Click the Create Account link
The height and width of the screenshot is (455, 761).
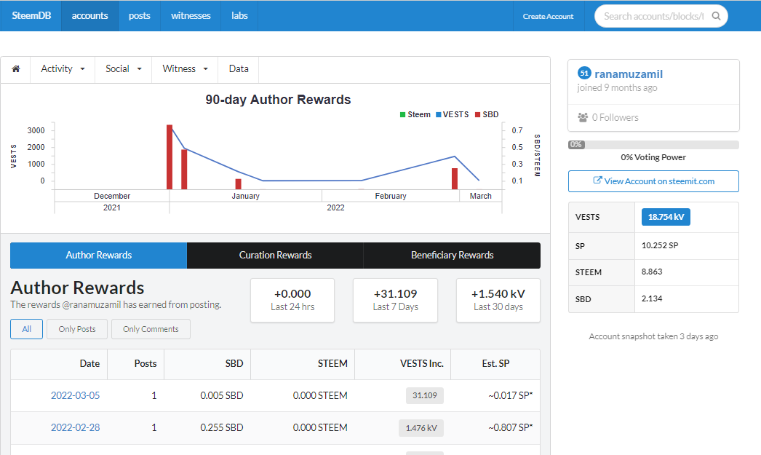[548, 16]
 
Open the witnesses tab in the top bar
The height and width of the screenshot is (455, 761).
[191, 15]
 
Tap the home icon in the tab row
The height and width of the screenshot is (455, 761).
[16, 69]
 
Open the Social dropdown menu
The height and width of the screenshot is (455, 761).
[123, 69]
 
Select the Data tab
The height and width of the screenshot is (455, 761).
[239, 69]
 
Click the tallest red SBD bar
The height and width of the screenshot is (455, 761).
[170, 157]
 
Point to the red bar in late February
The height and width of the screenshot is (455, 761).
[455, 178]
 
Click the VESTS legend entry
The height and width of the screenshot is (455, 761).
[452, 114]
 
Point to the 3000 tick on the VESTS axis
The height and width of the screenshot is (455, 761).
[36, 130]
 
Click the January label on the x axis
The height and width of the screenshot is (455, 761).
[246, 196]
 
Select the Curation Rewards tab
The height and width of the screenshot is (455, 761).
[275, 256]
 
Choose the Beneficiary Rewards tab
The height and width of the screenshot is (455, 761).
[452, 256]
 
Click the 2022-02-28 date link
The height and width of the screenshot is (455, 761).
[75, 428]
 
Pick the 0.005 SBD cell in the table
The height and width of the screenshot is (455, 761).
[222, 396]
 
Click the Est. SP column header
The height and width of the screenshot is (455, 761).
[495, 364]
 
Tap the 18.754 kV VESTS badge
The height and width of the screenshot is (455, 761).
[666, 217]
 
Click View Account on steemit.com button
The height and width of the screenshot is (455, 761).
[653, 181]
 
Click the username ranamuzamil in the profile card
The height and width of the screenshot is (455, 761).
[629, 74]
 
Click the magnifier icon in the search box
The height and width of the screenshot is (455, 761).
[716, 16]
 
